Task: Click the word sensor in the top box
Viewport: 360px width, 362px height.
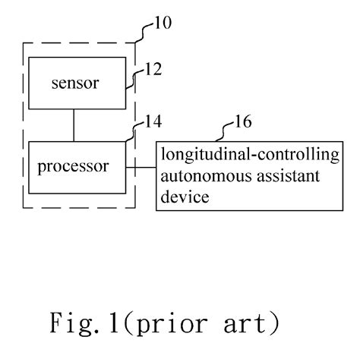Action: tap(74, 83)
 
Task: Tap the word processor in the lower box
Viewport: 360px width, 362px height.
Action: tap(74, 166)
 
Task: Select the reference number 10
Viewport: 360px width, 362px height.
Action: tap(160, 23)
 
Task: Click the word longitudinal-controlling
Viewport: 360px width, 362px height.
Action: tap(248, 156)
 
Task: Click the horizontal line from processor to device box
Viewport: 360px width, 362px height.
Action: tap(141, 167)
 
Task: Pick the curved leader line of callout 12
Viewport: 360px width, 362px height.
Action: tap(131, 79)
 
